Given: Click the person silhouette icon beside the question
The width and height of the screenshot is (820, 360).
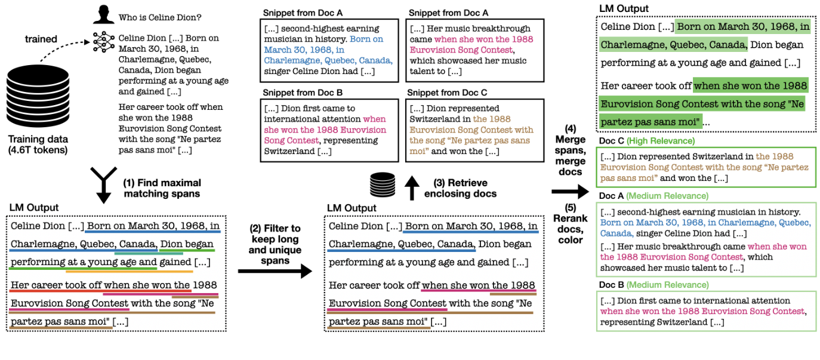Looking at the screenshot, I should (103, 14).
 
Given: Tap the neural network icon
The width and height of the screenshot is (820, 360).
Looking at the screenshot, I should (103, 40).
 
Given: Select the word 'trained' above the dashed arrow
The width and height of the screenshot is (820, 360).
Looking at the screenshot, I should (41, 39).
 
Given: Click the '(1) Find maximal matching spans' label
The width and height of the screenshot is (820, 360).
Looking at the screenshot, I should (162, 188).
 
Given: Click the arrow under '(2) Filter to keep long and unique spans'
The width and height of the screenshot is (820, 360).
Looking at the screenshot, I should (275, 272).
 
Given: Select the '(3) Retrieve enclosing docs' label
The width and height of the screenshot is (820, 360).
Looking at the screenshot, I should (460, 188).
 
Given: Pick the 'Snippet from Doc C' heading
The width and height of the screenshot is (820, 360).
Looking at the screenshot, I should (443, 93).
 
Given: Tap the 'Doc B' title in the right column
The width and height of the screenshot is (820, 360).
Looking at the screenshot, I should (611, 285).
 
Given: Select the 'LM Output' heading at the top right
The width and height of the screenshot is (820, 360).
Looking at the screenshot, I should (624, 8).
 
